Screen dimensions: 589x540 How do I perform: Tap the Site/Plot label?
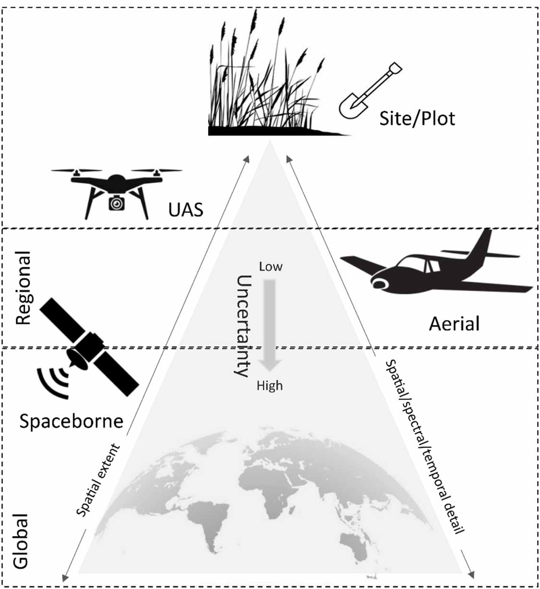(417, 118)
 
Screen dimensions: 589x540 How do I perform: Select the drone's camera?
(116, 203)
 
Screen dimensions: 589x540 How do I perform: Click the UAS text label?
(186, 209)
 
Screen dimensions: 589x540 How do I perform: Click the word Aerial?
(454, 324)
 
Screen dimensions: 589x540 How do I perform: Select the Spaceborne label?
(71, 421)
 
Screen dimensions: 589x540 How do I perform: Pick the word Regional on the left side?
(23, 288)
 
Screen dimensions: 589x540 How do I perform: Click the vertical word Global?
(21, 541)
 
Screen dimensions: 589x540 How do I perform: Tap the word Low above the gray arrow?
(271, 267)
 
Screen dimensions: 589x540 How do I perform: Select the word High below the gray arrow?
(270, 386)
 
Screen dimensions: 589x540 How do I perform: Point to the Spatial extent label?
(98, 480)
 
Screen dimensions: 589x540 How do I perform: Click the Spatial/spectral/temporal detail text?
(425, 446)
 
